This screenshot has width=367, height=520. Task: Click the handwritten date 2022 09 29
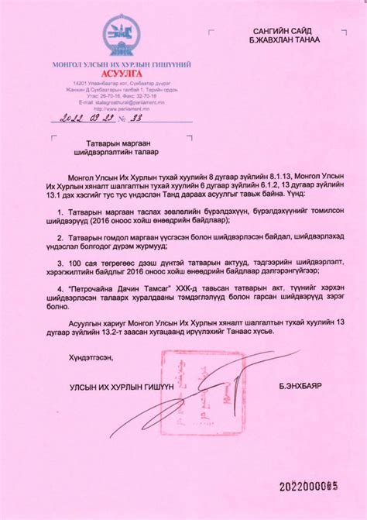[x=81, y=119]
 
